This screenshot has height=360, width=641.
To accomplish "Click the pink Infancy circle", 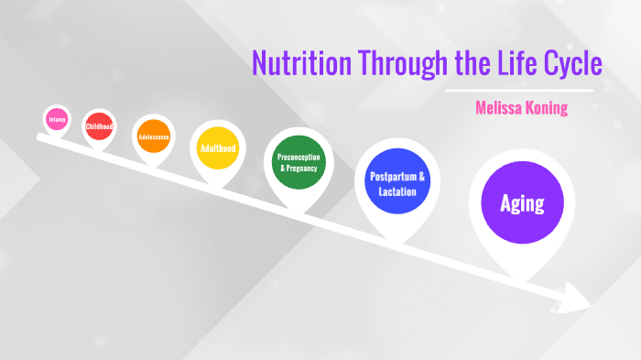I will click(57, 119).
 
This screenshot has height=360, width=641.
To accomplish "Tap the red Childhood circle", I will click(98, 126).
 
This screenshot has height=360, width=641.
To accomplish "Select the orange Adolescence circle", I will click(153, 136).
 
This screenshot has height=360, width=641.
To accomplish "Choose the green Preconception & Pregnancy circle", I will click(296, 163).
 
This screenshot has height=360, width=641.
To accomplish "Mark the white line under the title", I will click(519, 91).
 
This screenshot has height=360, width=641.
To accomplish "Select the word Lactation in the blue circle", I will click(397, 191).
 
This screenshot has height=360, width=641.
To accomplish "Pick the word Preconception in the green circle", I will click(296, 158).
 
